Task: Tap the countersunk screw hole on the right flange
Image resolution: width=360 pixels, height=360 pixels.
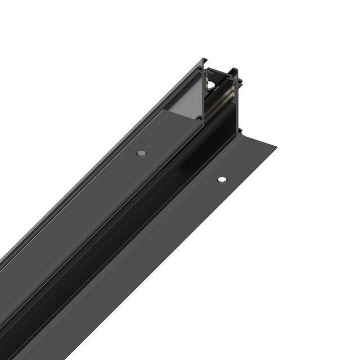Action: click(x=222, y=179)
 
